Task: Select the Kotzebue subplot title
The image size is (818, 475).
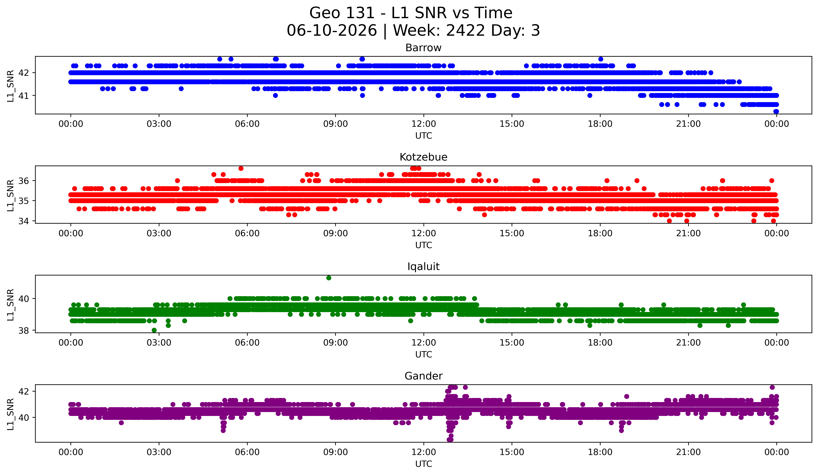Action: pyautogui.click(x=423, y=157)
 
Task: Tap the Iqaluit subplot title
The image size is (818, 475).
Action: pyautogui.click(x=423, y=267)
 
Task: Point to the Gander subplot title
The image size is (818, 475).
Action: pyautogui.click(x=423, y=376)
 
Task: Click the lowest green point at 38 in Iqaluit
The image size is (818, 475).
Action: pyautogui.click(x=154, y=330)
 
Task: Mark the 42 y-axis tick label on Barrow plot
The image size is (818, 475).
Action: pyautogui.click(x=24, y=73)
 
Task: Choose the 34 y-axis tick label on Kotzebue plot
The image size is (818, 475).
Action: pyautogui.click(x=24, y=221)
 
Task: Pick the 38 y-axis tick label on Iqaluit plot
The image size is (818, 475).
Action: pyautogui.click(x=24, y=330)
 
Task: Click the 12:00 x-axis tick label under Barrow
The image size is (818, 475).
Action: pyautogui.click(x=424, y=124)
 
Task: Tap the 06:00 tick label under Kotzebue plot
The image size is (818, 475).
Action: pyautogui.click(x=247, y=234)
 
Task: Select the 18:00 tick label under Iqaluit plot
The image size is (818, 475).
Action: pyautogui.click(x=600, y=343)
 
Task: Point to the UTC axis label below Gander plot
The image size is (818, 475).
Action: pyautogui.click(x=424, y=464)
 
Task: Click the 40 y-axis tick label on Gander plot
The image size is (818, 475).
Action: pyautogui.click(x=24, y=418)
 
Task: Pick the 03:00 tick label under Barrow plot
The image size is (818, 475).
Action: pyautogui.click(x=159, y=124)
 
